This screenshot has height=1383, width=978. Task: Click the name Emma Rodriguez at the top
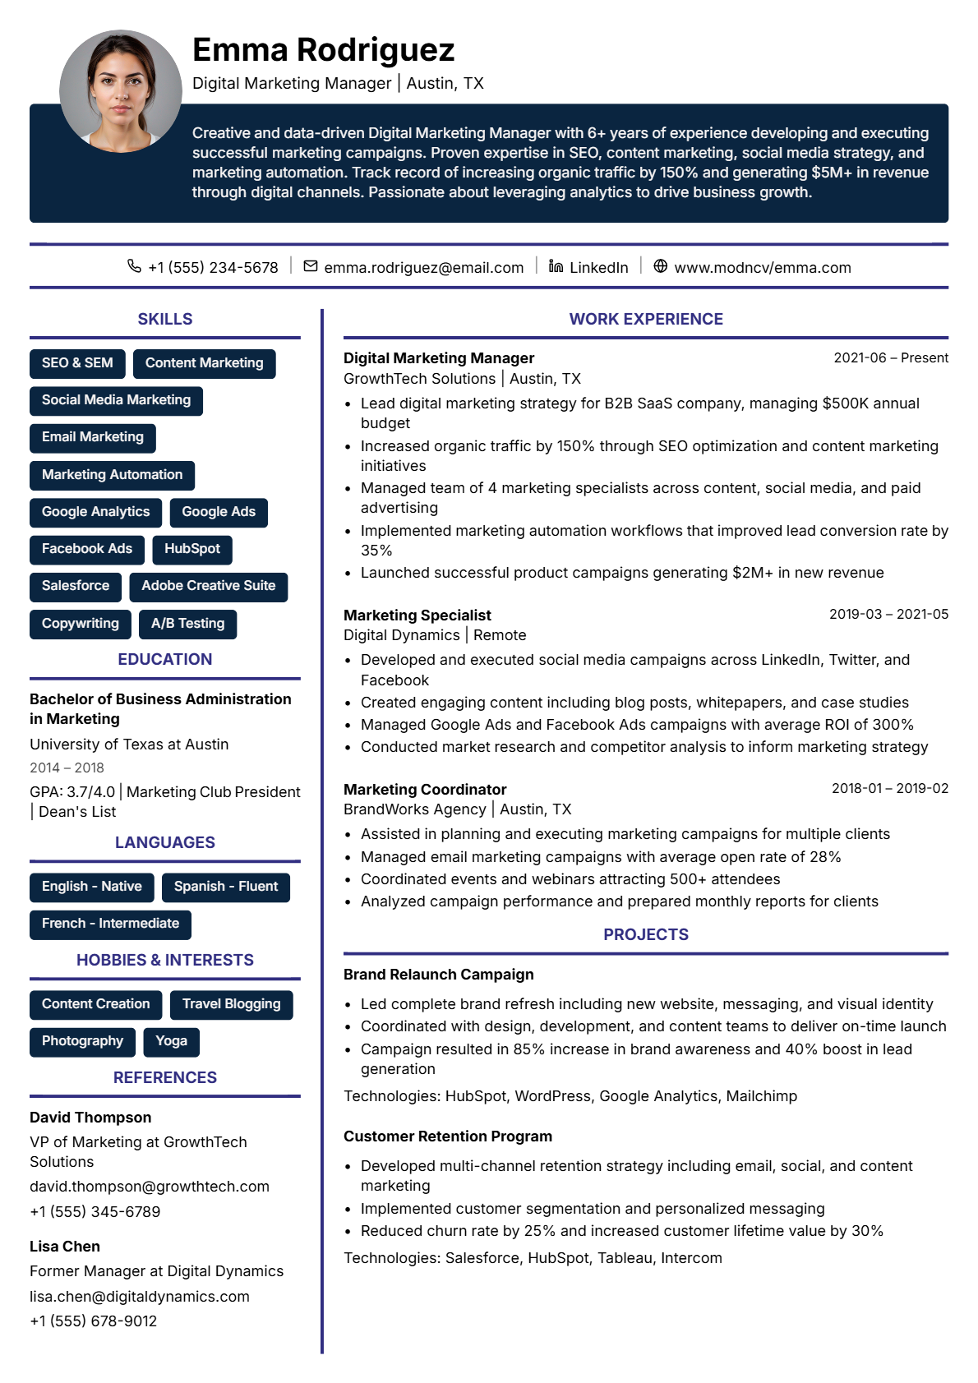[323, 50]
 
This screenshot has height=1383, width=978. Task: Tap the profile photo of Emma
[120, 91]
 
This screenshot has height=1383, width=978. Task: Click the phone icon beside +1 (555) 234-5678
[134, 266]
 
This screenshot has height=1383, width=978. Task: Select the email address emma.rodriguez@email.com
[423, 268]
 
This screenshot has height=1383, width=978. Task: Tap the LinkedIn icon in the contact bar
[556, 266]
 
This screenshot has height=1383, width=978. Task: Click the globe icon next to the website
[660, 266]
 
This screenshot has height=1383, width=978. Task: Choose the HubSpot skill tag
[191, 549]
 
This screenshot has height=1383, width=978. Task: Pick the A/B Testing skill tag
[187, 624]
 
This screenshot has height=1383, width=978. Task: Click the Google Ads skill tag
[219, 512]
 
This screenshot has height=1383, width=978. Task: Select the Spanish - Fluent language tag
[226, 887]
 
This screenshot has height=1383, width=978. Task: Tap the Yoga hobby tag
[171, 1041]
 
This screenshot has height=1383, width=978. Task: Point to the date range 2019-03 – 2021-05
[888, 614]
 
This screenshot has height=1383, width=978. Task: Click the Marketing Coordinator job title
[425, 790]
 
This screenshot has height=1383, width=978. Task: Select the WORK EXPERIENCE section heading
[646, 319]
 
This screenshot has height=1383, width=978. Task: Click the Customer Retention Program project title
[448, 1136]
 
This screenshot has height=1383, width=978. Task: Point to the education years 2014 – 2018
[67, 768]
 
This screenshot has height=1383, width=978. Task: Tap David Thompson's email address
[150, 1187]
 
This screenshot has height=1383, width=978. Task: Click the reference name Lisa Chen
[65, 1247]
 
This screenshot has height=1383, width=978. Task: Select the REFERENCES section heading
[165, 1077]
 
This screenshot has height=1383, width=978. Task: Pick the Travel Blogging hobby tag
[231, 1004]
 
